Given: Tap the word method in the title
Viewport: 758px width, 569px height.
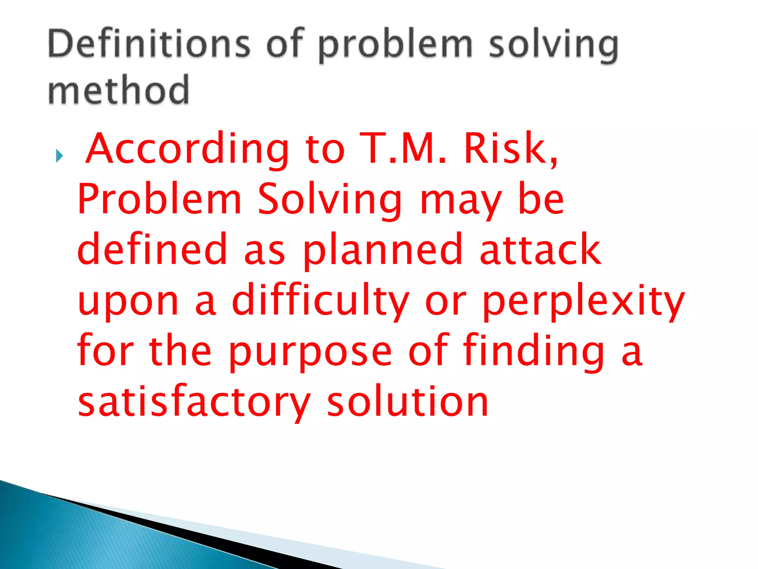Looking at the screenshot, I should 118,90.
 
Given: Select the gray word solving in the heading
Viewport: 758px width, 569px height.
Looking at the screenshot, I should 553,45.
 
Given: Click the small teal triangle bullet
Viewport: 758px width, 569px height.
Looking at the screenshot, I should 59,156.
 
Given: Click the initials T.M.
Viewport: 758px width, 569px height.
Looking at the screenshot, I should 403,148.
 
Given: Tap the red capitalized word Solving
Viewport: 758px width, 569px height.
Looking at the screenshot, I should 329,200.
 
